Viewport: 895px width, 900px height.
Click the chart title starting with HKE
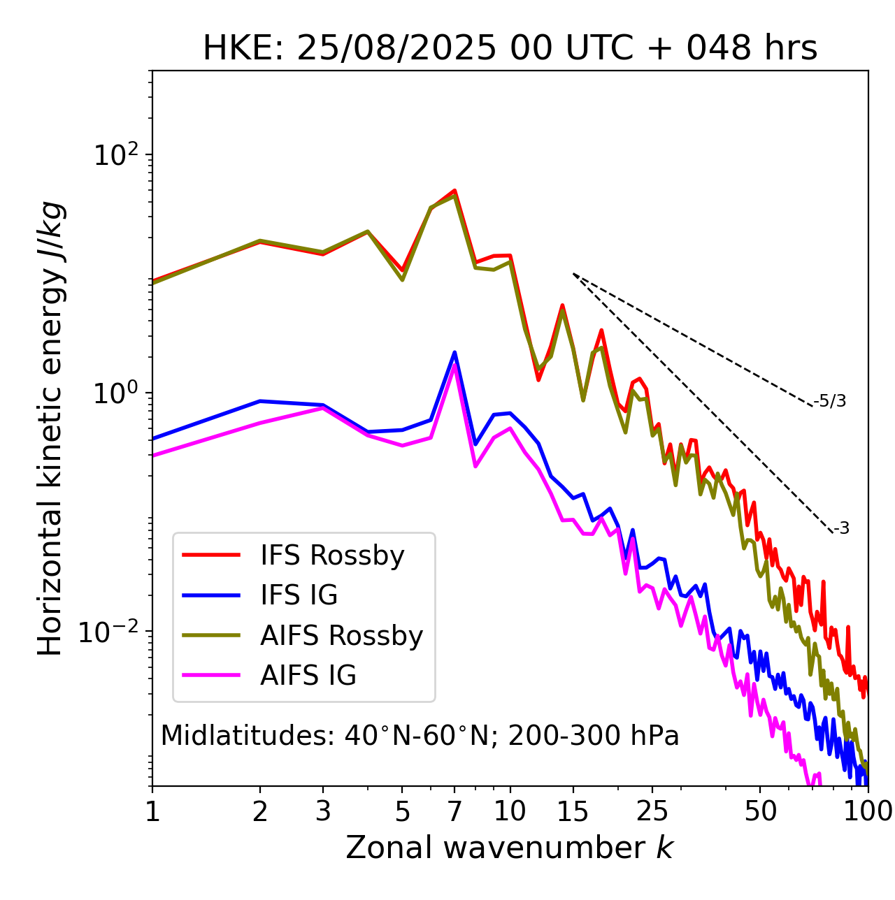click(x=510, y=48)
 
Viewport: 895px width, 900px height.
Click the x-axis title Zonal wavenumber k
click(x=510, y=848)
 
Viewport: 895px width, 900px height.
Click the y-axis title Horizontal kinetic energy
click(x=50, y=428)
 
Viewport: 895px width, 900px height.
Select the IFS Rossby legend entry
click(x=332, y=556)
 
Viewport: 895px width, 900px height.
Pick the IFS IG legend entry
click(x=299, y=595)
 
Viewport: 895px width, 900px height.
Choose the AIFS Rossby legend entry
click(x=341, y=636)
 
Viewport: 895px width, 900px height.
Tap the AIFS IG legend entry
click(x=308, y=676)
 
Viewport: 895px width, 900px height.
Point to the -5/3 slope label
click(x=830, y=401)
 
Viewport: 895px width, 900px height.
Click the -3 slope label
click(x=841, y=528)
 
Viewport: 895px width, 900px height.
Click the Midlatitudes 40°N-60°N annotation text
click(x=420, y=736)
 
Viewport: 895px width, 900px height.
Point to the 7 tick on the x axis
click(x=454, y=811)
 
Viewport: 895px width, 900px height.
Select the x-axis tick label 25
click(x=652, y=811)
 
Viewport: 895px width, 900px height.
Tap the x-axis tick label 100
click(x=868, y=811)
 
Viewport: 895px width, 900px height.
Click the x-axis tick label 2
click(x=260, y=811)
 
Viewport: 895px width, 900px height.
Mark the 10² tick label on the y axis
click(x=117, y=155)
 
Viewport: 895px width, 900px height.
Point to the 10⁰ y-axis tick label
click(x=117, y=393)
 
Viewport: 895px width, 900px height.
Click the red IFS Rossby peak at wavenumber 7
click(x=454, y=190)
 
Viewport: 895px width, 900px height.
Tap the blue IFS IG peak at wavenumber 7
click(x=454, y=352)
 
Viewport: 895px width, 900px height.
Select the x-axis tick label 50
click(x=760, y=811)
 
